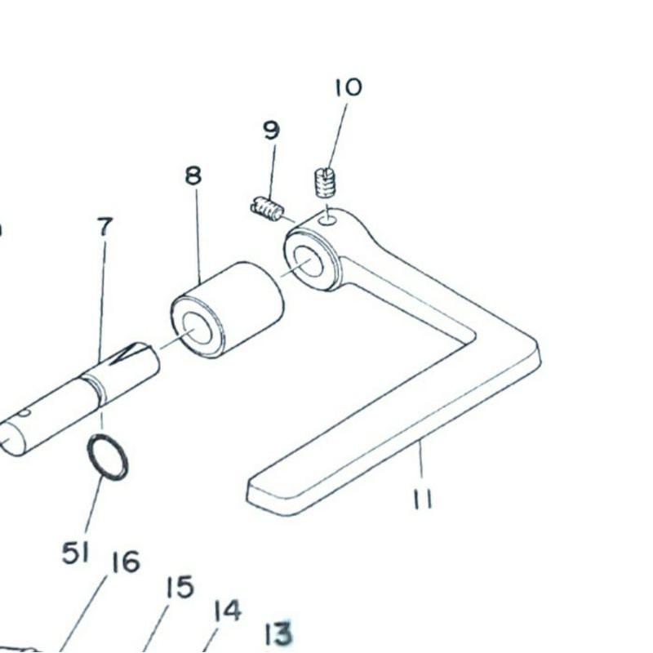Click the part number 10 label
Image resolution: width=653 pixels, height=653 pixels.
click(x=348, y=87)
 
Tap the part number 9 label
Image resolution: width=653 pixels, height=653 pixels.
click(x=271, y=130)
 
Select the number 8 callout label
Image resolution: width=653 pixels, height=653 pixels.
click(x=193, y=175)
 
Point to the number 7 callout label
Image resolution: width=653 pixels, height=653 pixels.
click(x=104, y=227)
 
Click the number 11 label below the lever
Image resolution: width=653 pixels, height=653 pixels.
click(x=422, y=498)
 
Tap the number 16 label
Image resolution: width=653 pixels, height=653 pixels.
click(x=126, y=562)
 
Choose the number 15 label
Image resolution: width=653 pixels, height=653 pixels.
click(x=179, y=587)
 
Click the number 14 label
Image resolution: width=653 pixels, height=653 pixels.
click(x=228, y=611)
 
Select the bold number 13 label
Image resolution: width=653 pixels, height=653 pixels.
click(x=278, y=633)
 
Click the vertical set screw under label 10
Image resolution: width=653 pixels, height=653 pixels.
click(x=325, y=183)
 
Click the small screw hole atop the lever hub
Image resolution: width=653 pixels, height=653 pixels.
click(x=327, y=218)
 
